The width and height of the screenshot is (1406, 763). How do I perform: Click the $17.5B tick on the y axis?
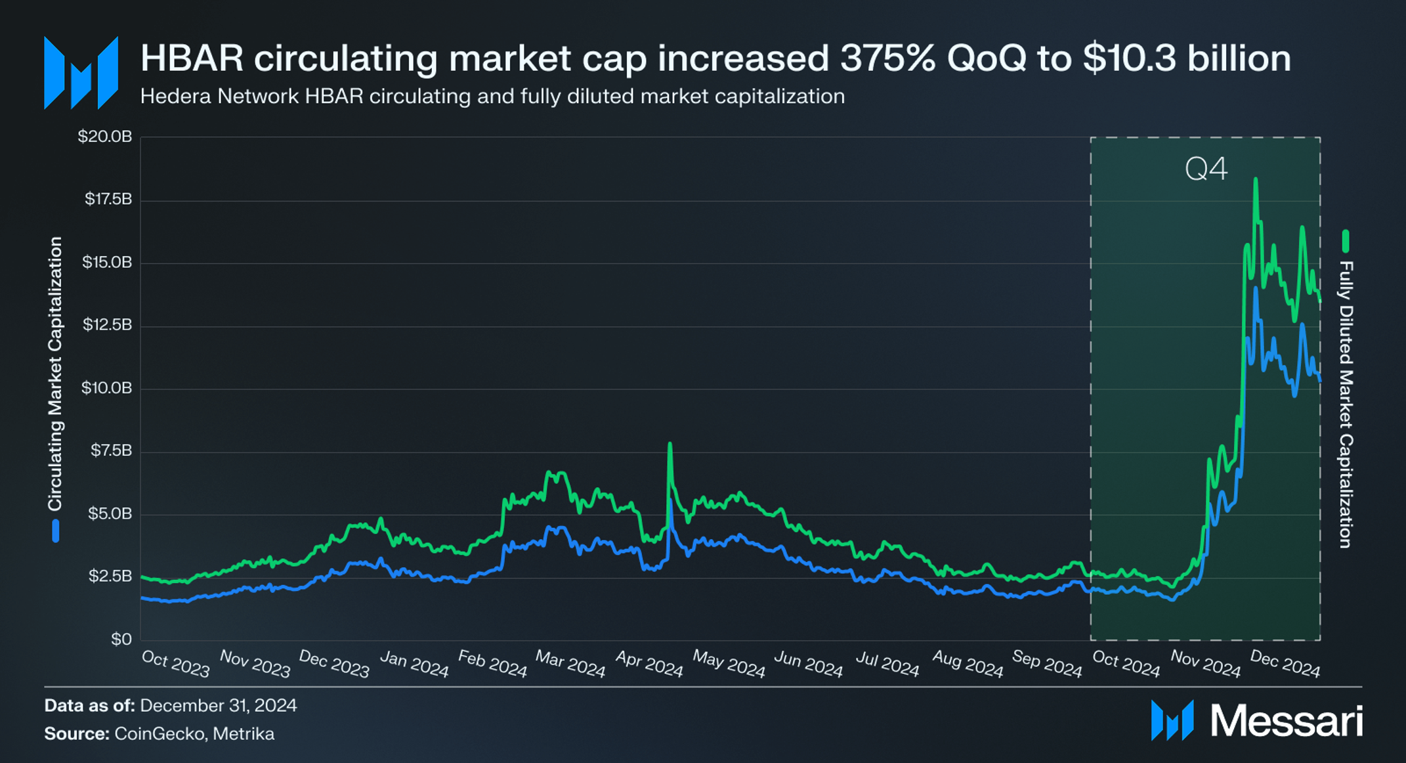pyautogui.click(x=108, y=199)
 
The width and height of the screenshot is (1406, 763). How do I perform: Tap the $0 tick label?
pyautogui.click(x=121, y=639)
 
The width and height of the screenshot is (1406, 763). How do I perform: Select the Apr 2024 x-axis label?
pyautogui.click(x=649, y=664)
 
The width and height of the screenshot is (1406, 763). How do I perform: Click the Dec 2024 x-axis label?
pyautogui.click(x=1285, y=664)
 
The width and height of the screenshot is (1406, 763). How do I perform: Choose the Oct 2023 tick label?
pyautogui.click(x=175, y=664)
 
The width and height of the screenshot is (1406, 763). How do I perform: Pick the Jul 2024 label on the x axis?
pyautogui.click(x=887, y=664)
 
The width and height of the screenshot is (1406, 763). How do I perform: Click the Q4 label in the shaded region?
pyautogui.click(x=1206, y=169)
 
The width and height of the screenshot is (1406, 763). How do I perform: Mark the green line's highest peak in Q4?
pyautogui.click(x=1255, y=179)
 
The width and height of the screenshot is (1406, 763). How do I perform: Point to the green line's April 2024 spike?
pyautogui.click(x=670, y=445)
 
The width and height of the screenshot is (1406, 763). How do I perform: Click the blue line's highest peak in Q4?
pyautogui.click(x=1256, y=289)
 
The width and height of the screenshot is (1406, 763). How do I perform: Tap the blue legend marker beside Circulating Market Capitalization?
pyautogui.click(x=56, y=531)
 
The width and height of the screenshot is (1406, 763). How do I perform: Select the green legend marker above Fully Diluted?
pyautogui.click(x=1346, y=241)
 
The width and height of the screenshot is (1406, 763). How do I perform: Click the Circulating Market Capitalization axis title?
pyautogui.click(x=55, y=374)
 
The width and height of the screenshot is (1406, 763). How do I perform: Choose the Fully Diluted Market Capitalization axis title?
pyautogui.click(x=1346, y=404)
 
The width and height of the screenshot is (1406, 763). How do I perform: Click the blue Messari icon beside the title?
pyautogui.click(x=81, y=73)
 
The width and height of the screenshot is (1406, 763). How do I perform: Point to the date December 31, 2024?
pyautogui.click(x=219, y=705)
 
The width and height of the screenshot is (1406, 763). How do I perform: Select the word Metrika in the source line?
pyautogui.click(x=244, y=733)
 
